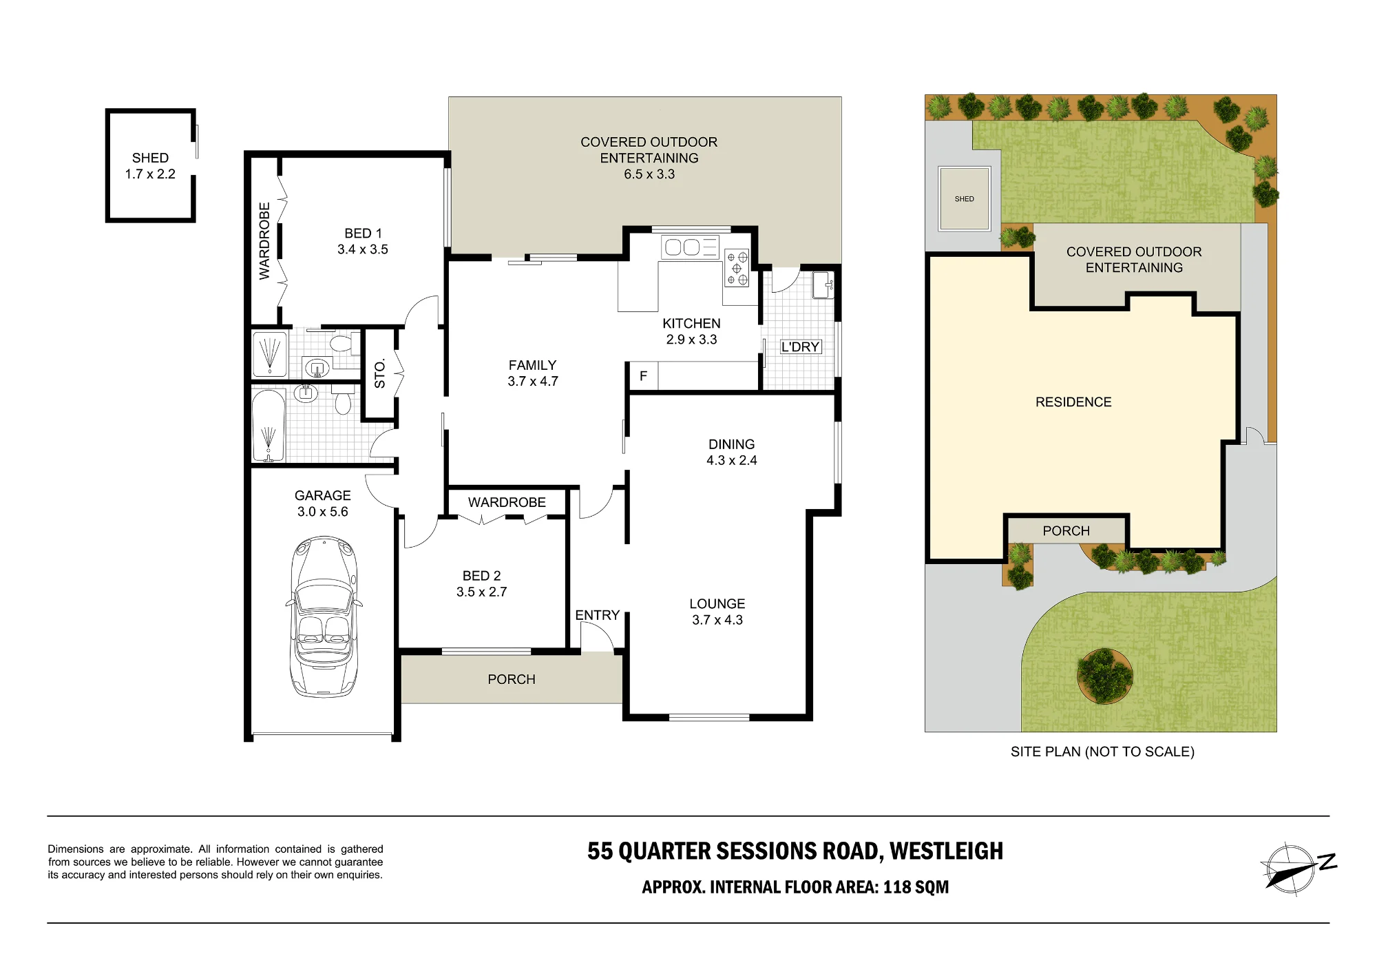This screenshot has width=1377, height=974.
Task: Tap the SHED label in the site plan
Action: click(964, 199)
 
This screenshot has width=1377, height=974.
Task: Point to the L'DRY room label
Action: click(800, 347)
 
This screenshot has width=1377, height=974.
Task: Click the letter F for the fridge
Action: click(643, 376)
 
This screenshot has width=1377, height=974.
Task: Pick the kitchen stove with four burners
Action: click(737, 267)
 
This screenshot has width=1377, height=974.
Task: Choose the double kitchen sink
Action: click(690, 247)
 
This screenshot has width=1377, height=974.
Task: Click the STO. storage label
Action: click(380, 373)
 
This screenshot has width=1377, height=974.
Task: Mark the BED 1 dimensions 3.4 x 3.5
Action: click(363, 250)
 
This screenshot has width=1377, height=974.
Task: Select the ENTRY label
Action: click(597, 615)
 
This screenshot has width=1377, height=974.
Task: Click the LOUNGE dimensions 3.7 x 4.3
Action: click(717, 620)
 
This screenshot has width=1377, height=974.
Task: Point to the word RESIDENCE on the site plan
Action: click(1073, 402)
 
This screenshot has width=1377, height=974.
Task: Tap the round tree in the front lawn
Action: click(1105, 676)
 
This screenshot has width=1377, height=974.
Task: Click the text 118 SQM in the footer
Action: click(916, 887)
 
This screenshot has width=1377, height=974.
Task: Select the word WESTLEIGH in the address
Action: click(946, 851)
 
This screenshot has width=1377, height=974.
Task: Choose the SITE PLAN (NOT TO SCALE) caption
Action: click(1102, 752)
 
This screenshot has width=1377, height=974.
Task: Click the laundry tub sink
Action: click(823, 285)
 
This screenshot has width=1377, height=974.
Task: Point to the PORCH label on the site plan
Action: click(1066, 531)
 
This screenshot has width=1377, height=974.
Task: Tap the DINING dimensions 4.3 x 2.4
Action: click(732, 461)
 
